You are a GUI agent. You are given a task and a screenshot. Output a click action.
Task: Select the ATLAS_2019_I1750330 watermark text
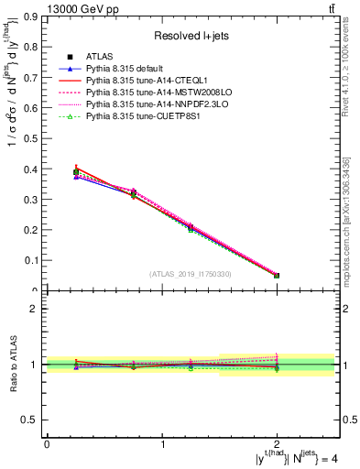[x=191, y=274]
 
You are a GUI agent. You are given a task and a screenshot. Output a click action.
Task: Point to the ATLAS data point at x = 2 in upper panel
[x=277, y=276]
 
